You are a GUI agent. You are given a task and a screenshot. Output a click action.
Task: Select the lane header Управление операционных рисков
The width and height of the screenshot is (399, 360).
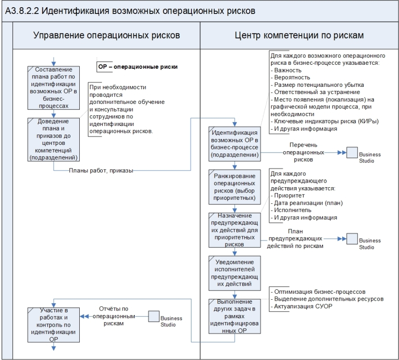106,35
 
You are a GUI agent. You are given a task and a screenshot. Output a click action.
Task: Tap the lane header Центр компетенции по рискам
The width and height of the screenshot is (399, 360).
299,35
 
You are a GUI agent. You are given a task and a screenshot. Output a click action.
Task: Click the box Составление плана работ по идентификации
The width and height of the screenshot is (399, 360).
54,88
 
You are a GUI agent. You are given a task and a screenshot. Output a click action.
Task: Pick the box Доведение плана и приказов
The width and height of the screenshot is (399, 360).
54,139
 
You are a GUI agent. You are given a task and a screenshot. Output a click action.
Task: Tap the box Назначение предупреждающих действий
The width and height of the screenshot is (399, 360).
234,229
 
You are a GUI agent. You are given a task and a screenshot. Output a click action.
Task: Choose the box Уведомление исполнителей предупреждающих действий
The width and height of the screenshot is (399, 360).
234,273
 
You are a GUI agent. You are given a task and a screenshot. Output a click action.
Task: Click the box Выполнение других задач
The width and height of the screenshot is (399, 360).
234,315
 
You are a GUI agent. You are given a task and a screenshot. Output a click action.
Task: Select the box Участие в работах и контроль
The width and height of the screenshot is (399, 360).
54,324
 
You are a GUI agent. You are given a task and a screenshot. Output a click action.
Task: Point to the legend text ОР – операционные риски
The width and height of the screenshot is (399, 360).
138,67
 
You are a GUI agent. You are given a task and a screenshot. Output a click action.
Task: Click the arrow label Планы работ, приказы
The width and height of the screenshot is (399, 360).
101,170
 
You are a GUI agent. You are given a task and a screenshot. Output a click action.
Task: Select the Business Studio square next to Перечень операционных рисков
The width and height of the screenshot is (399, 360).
352,153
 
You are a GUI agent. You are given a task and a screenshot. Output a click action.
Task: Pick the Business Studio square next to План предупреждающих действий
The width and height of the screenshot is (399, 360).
352,239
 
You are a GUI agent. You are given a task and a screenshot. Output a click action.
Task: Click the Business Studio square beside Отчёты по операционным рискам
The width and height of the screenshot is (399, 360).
154,316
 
